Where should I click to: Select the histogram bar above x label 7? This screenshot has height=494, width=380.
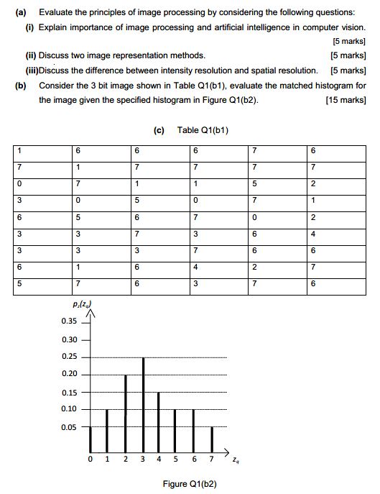coord(212,437)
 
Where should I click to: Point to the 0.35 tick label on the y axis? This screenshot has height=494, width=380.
coord(70,321)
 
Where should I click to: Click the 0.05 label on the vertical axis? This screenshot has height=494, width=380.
coord(70,427)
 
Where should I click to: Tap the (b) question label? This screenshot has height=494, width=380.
coord(21,85)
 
